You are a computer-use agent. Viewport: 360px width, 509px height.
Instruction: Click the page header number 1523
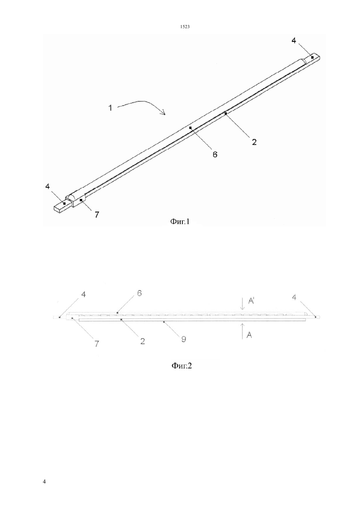(x=185, y=26)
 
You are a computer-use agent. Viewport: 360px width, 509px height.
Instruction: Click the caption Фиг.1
(x=180, y=221)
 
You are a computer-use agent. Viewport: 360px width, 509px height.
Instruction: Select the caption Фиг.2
(x=181, y=366)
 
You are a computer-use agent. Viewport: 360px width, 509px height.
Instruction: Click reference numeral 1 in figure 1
(x=111, y=108)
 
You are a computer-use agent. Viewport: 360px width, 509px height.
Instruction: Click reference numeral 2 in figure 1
(x=254, y=142)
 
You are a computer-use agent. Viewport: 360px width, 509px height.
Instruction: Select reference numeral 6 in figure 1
(x=215, y=154)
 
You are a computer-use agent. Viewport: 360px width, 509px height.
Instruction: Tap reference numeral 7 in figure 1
(x=97, y=215)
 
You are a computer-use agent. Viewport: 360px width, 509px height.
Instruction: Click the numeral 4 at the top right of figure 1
(x=294, y=41)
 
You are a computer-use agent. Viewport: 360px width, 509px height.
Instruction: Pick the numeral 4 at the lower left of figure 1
(x=47, y=186)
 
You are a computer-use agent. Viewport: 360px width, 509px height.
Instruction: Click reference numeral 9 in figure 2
(x=184, y=339)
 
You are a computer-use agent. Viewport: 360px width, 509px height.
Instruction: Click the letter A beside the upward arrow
(x=249, y=335)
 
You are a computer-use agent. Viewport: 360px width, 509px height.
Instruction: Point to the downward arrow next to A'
(x=243, y=303)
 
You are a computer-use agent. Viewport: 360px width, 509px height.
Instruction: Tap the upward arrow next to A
(x=243, y=331)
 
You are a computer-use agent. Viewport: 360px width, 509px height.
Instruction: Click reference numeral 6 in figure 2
(x=139, y=293)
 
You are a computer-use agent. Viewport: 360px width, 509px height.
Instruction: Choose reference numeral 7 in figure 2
(x=97, y=344)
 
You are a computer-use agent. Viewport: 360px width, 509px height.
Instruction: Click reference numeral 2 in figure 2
(x=142, y=341)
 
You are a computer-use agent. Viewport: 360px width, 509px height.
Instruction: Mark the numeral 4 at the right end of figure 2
(x=294, y=297)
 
